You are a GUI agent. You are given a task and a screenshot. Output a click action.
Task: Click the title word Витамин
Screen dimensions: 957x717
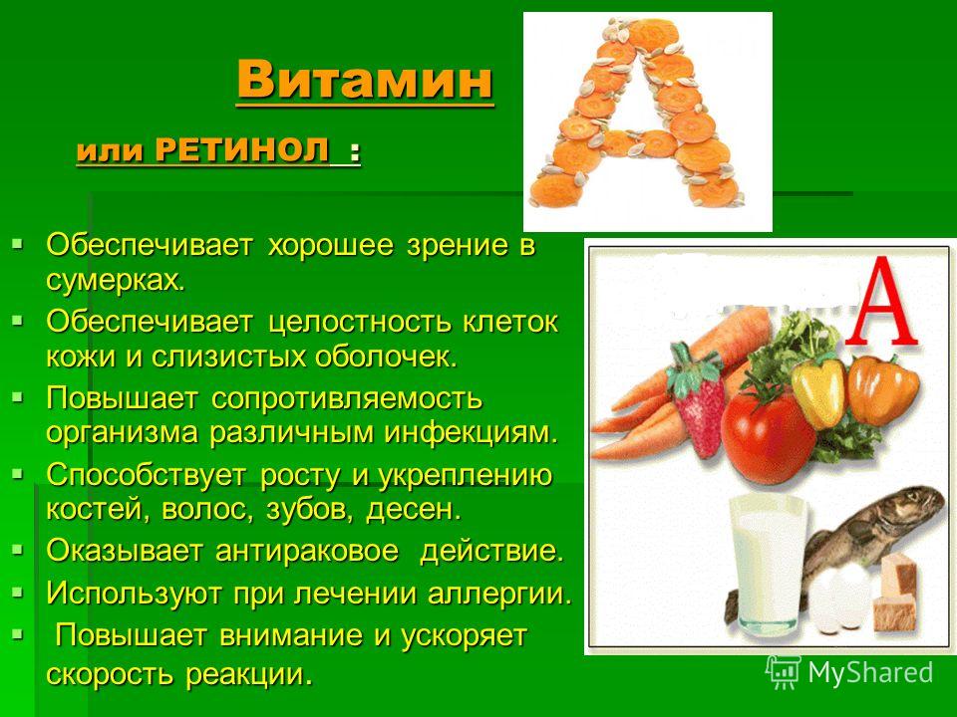coord(365,80)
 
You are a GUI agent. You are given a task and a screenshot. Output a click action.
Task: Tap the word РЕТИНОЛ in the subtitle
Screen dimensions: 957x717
coord(242,150)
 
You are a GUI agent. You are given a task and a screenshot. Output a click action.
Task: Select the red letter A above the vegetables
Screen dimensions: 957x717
coord(888,303)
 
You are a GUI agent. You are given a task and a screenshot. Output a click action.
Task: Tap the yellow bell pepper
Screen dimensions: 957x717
coord(819,390)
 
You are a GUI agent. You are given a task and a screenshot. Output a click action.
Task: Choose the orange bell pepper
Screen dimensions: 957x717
coord(882,388)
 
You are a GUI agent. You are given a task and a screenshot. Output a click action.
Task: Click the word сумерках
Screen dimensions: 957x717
coord(115,281)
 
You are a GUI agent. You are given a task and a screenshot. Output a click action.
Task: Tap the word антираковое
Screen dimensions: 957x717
coord(307,551)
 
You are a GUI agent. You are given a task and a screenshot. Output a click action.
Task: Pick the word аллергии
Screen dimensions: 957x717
coord(499,594)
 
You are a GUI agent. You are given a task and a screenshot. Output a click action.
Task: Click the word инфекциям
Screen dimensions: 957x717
coord(472,433)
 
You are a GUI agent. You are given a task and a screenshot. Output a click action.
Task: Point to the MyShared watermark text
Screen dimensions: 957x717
coord(870,672)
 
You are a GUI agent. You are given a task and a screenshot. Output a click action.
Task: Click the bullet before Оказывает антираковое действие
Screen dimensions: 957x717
coord(17,550)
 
